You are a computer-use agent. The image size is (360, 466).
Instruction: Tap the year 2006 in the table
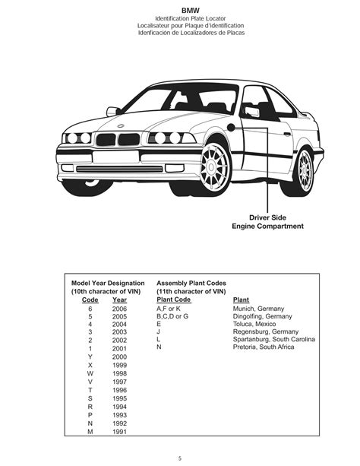coord(119,309)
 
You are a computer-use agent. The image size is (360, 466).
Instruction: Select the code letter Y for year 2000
coord(90,357)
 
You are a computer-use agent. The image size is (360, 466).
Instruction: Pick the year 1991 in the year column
coord(119,432)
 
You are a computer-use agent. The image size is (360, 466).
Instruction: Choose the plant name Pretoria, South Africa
coord(264,347)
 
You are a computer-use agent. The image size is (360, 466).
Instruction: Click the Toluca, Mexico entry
coord(255,324)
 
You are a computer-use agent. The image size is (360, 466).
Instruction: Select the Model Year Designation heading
coord(108,282)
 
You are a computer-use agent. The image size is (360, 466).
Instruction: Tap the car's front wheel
coord(219,164)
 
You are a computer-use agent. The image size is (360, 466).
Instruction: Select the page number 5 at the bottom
coord(180,458)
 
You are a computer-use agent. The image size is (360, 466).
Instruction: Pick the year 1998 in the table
coord(119,372)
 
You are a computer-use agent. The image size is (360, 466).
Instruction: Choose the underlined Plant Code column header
coord(173,300)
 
